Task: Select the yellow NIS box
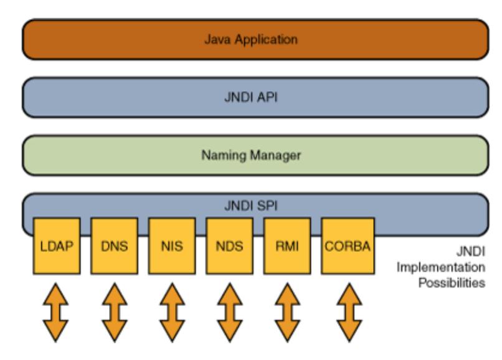click(172, 246)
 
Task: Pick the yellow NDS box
click(230, 246)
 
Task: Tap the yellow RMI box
click(287, 246)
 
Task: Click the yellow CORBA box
click(345, 246)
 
